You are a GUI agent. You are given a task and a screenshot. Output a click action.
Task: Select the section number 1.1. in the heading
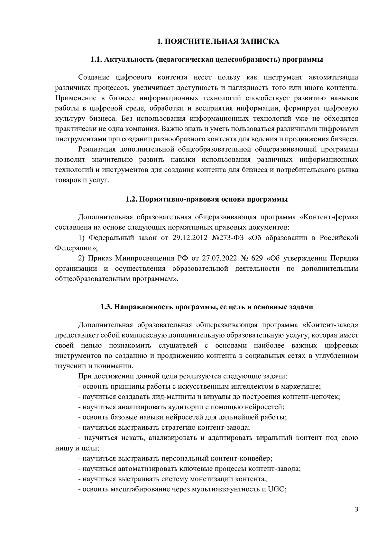tap(96, 59)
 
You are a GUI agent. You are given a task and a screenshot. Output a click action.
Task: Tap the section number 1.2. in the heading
tap(132, 199)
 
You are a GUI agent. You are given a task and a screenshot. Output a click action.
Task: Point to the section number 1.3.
tap(106, 307)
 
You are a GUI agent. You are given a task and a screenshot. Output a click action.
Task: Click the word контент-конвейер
tap(242, 458)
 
